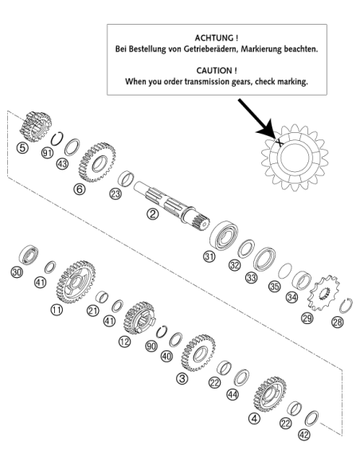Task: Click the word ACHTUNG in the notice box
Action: [x=214, y=38]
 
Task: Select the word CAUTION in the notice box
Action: [x=214, y=71]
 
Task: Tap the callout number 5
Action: [x=22, y=147]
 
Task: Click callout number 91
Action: [x=47, y=153]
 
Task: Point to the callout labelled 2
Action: [x=153, y=213]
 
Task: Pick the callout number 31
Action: [x=209, y=256]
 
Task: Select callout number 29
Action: [x=307, y=318]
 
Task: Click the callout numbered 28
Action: [x=338, y=322]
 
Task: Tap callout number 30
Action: [x=17, y=272]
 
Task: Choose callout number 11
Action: [x=57, y=310]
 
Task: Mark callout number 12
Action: [x=124, y=342]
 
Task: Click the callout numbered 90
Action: [x=151, y=346]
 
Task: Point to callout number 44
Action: [x=233, y=394]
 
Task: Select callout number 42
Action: [x=304, y=435]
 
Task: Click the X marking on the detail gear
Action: [x=279, y=142]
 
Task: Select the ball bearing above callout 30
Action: [x=29, y=255]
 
